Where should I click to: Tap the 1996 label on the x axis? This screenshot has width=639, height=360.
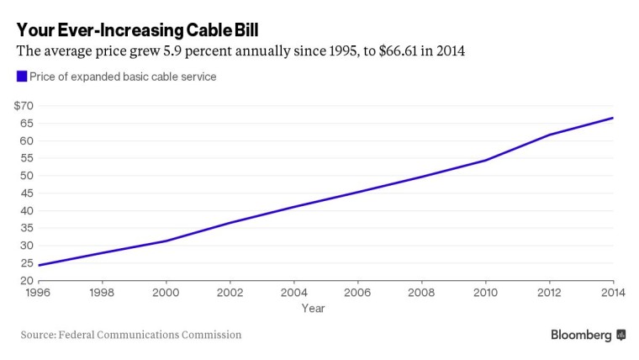click(x=39, y=294)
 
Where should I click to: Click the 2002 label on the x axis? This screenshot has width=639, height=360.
click(x=230, y=294)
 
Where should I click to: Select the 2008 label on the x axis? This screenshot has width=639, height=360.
click(x=422, y=294)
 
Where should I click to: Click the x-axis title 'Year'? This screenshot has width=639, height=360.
click(x=313, y=308)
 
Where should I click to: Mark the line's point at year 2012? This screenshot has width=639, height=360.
click(x=550, y=135)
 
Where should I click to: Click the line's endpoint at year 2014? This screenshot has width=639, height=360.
click(x=613, y=118)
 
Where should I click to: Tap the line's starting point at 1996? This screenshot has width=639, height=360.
click(x=39, y=265)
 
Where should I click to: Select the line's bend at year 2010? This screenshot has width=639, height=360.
click(x=486, y=160)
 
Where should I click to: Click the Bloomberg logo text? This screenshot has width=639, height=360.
click(x=581, y=335)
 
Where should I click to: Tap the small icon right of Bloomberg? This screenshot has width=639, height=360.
click(x=621, y=335)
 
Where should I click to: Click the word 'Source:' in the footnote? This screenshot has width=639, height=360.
click(x=40, y=335)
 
